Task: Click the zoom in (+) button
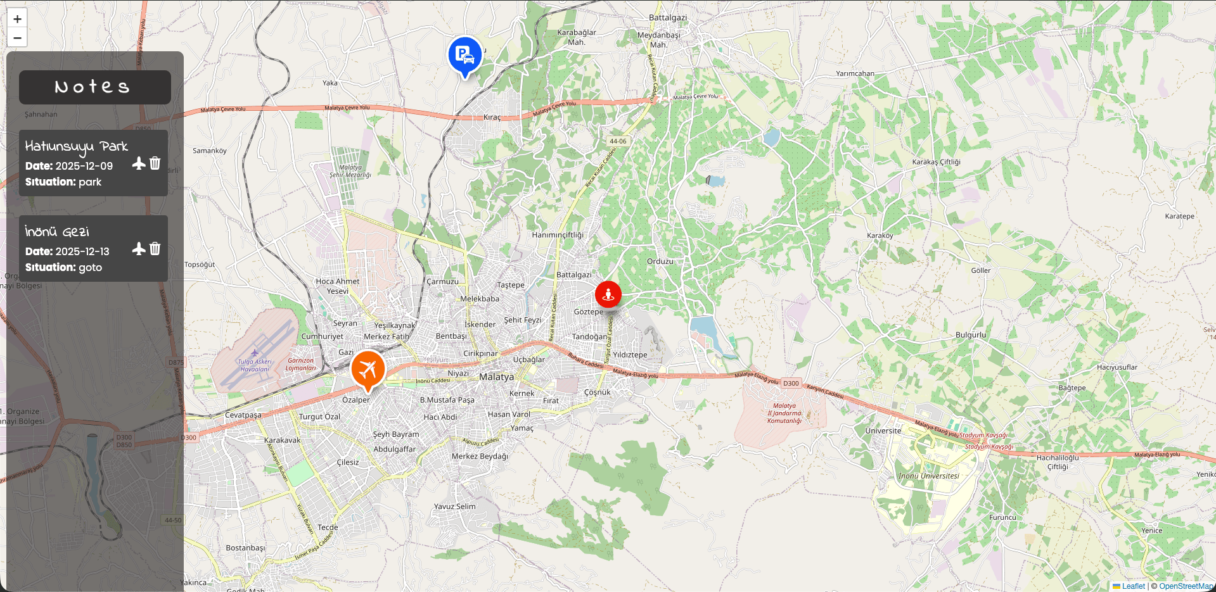(x=17, y=19)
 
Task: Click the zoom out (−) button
(x=17, y=38)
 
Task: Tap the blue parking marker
(x=464, y=55)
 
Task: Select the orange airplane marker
(x=368, y=368)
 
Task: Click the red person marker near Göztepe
(x=608, y=294)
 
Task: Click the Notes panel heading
(x=94, y=87)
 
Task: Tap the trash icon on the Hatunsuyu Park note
(x=155, y=163)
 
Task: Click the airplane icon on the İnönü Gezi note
(x=139, y=249)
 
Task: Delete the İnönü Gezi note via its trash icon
(x=155, y=249)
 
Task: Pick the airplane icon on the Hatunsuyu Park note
(x=139, y=163)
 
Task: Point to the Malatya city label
(x=496, y=377)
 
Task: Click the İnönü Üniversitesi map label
(x=928, y=476)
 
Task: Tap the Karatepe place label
(x=1179, y=217)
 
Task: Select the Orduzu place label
(x=660, y=261)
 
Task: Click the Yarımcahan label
(x=855, y=74)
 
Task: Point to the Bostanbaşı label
(x=245, y=548)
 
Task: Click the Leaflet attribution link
(x=1133, y=586)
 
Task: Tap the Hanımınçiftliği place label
(x=558, y=235)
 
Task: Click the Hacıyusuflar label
(x=1117, y=367)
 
